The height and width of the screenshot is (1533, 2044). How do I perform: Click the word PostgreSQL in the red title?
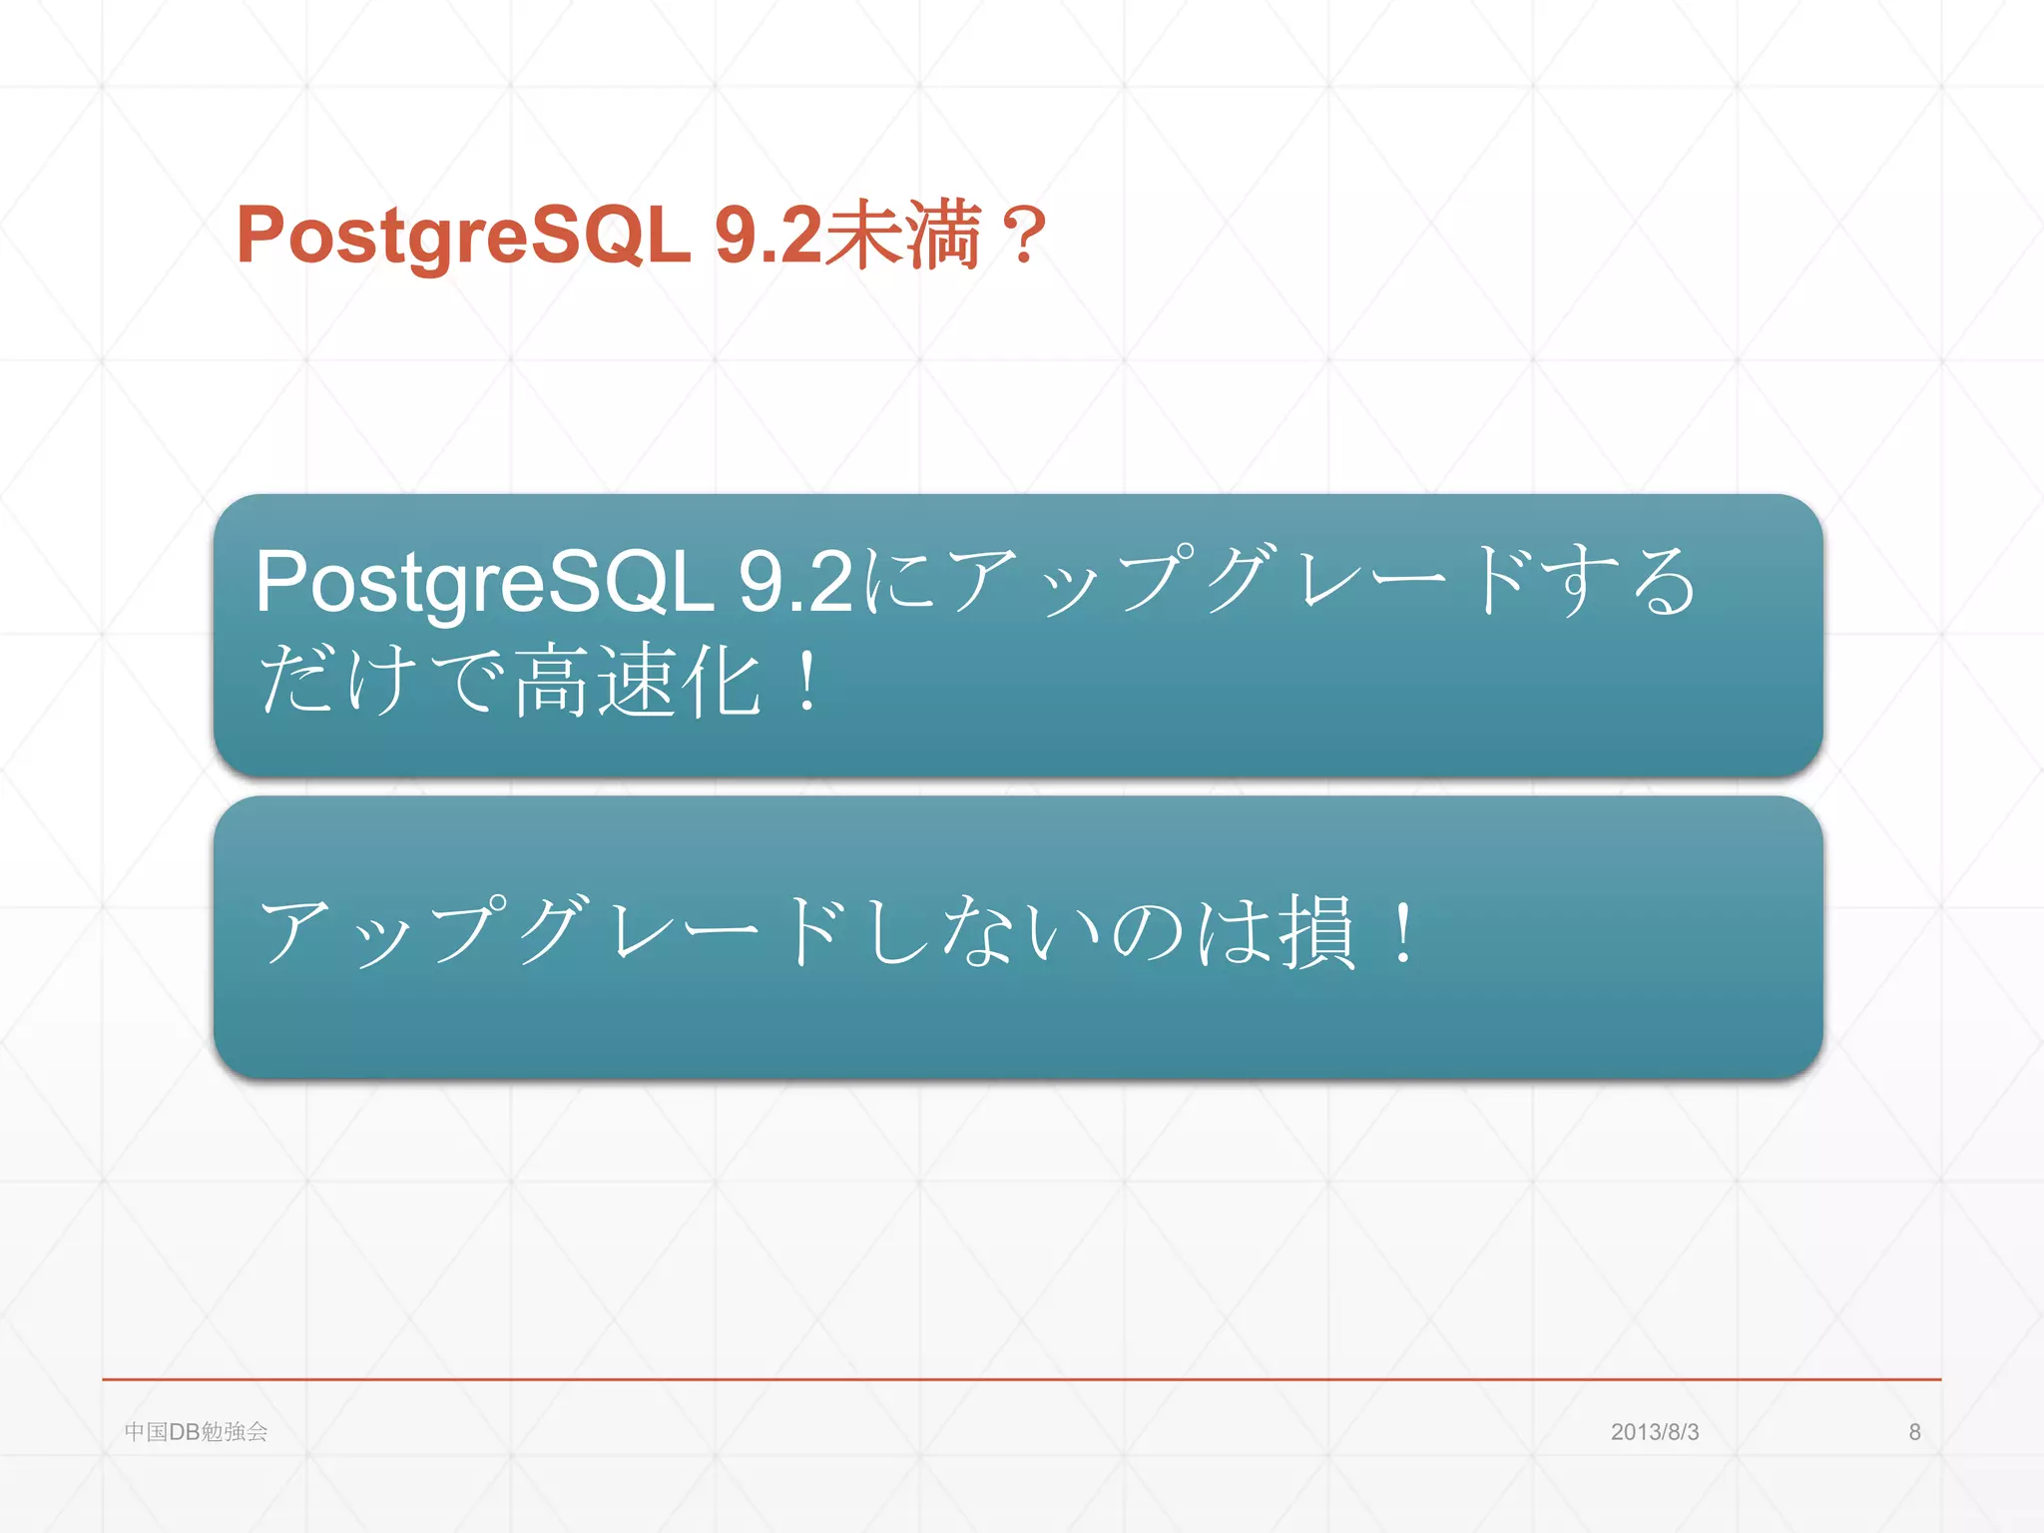tap(463, 237)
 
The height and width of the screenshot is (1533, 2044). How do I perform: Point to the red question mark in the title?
tap(1024, 237)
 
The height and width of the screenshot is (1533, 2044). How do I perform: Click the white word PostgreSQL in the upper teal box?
tap(484, 582)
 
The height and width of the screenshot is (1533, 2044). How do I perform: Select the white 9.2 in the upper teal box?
tap(795, 582)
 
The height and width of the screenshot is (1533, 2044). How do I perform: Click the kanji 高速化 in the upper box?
tap(639, 681)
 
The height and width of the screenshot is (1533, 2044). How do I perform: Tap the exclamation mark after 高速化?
tap(807, 681)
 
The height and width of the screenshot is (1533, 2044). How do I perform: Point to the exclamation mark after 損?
tap(1403, 930)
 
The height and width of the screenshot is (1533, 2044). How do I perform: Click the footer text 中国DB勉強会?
tap(196, 1431)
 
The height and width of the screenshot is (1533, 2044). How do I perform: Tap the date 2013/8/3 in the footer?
tap(1654, 1431)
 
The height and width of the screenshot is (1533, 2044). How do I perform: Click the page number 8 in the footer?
tap(1914, 1431)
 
